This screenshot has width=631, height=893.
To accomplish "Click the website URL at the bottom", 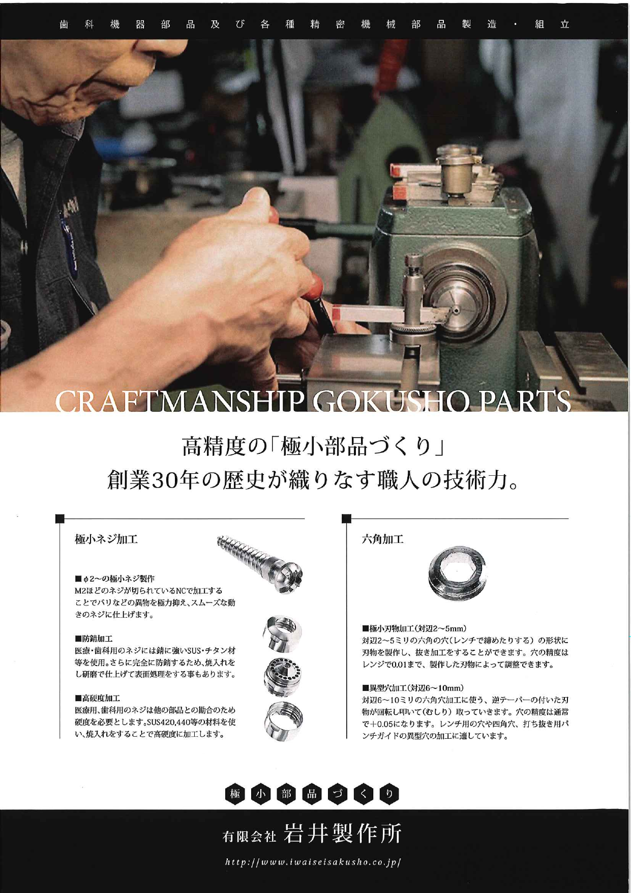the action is [x=314, y=862].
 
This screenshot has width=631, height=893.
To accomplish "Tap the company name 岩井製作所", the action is [x=343, y=833].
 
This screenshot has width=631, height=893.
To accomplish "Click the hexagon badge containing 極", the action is [x=235, y=794].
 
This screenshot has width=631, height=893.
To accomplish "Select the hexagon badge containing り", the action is [x=389, y=794].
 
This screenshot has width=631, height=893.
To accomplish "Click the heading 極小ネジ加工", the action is [x=106, y=539].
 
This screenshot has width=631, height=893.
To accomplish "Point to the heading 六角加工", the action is [x=383, y=539].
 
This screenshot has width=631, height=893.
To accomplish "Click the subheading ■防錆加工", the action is [x=94, y=638].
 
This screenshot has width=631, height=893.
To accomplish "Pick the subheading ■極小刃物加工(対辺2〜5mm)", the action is [x=414, y=628].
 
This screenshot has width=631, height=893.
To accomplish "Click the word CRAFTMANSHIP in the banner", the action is [x=179, y=401].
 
